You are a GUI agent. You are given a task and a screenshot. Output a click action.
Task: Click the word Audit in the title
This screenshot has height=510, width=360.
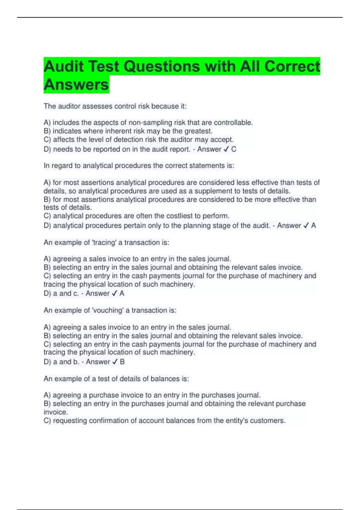(64, 66)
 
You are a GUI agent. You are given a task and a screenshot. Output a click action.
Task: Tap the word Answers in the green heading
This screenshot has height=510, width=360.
(76, 84)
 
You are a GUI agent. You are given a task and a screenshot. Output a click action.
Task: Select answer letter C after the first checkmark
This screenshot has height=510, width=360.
(234, 149)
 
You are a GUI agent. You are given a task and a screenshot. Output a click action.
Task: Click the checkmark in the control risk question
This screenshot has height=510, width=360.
(226, 149)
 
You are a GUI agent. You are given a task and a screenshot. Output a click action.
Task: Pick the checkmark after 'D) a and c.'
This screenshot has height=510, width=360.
(114, 293)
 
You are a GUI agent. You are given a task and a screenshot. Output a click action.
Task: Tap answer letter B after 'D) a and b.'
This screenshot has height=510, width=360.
(122, 362)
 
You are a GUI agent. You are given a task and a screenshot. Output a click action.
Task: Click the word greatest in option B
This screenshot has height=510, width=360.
(198, 131)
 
